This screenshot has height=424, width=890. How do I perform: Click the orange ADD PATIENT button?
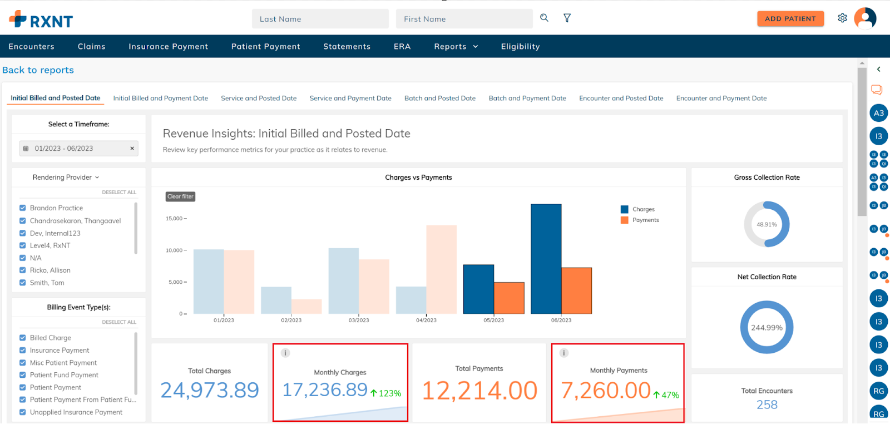click(x=790, y=19)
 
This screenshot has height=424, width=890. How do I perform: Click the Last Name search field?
click(x=320, y=19)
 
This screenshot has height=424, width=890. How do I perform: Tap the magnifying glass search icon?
click(x=544, y=18)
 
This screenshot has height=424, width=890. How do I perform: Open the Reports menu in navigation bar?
click(x=456, y=47)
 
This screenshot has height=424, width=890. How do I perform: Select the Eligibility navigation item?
click(x=520, y=47)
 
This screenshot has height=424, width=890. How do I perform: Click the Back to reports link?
click(x=38, y=70)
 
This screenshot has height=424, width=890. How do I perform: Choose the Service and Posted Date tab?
click(x=259, y=98)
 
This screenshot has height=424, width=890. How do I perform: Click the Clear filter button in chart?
click(x=180, y=196)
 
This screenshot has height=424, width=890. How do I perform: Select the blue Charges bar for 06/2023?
click(x=546, y=259)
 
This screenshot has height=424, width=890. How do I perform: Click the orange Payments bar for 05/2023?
click(x=509, y=298)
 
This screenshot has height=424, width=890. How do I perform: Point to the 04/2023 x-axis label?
click(x=426, y=321)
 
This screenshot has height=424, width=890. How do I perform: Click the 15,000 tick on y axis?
click(x=174, y=219)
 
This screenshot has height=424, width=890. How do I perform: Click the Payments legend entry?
click(x=645, y=220)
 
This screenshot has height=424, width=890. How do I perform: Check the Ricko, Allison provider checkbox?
click(x=23, y=270)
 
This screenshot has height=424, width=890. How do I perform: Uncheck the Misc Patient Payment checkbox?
click(x=23, y=363)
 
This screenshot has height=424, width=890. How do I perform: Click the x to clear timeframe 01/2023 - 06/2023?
click(x=132, y=149)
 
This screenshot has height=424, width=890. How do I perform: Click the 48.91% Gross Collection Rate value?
click(x=767, y=225)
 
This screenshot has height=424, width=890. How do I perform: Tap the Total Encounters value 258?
click(x=767, y=405)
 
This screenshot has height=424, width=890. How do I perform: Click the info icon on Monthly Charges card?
click(x=285, y=353)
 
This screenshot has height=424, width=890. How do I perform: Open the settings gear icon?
click(x=842, y=18)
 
